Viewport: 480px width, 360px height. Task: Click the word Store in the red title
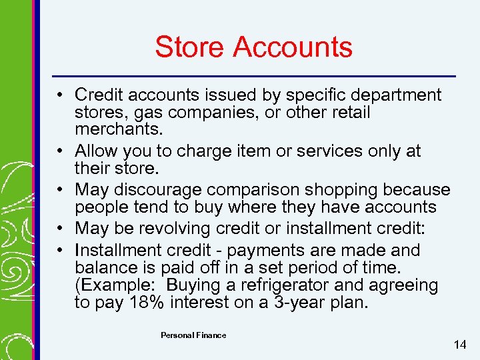[191, 47]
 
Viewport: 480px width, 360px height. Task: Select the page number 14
[459, 345]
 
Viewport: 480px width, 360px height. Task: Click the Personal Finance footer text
[193, 335]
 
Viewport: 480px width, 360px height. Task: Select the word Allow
[97, 151]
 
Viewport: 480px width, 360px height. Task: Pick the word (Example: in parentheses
[113, 285]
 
